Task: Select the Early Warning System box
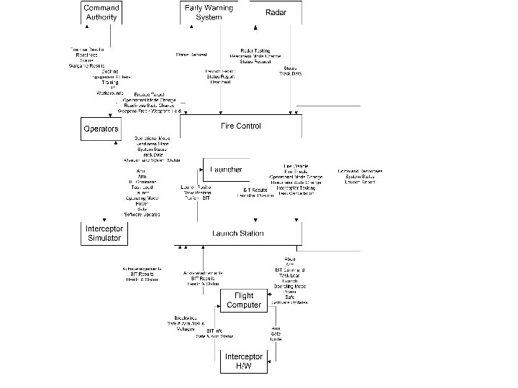[x=209, y=12]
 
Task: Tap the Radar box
[x=276, y=12]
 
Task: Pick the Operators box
[x=100, y=129]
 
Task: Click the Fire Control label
[x=240, y=126]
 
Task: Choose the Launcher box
[x=225, y=170]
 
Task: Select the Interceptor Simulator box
[x=104, y=233]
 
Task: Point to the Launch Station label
[x=237, y=233]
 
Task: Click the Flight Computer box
[x=244, y=300]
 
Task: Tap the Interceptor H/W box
[x=244, y=361]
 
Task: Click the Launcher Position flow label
[x=255, y=195]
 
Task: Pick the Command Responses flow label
[x=360, y=171]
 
